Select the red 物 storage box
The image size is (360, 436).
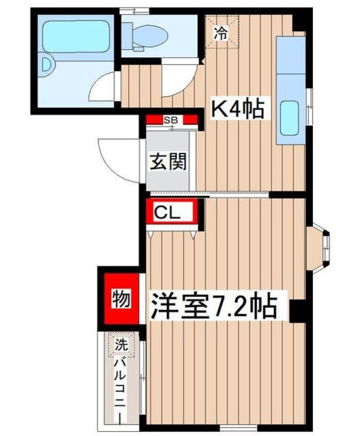coord(120,300)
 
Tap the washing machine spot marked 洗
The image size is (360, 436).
coord(120,346)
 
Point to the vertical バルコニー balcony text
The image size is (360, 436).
coord(120,388)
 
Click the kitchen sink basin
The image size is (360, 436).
coord(291,119)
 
